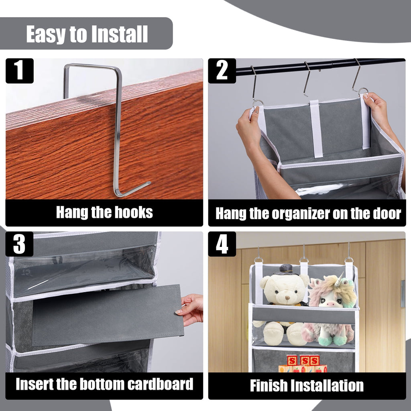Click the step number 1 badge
coord(19,71)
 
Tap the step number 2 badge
coord(222,71)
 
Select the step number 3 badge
coord(19,244)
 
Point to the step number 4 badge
coord(222,244)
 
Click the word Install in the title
coord(119,35)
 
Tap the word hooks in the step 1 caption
coord(133,212)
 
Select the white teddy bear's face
coord(285,293)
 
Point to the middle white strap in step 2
coord(316,128)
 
